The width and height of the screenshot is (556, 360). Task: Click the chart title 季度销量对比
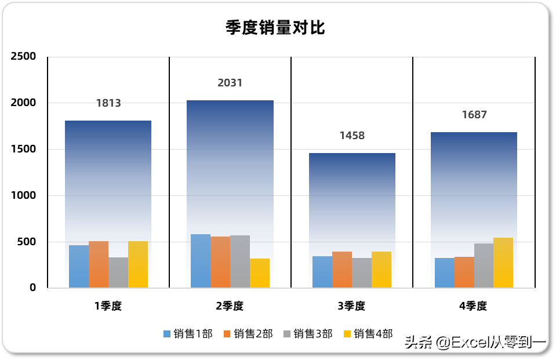275,27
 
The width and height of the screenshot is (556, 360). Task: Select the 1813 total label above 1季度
108,103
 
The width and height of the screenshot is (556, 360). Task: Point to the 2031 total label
230,83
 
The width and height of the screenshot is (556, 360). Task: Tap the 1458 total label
352,136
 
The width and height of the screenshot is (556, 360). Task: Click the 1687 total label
474,115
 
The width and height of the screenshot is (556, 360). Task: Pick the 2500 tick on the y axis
24,56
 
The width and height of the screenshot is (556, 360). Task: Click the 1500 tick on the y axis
24,149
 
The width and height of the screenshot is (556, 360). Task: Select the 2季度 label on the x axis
230,306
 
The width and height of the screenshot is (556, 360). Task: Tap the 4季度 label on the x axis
473,306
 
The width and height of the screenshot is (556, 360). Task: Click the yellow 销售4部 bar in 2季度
260,273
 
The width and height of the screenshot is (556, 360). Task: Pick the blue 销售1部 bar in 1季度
79,267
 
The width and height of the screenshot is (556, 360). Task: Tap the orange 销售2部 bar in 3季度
342,270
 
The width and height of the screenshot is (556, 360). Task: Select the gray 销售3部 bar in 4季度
484,266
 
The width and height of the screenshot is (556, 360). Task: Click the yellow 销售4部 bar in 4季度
503,263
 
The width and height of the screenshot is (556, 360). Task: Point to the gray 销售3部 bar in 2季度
240,261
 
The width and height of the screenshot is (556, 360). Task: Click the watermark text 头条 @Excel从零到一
475,343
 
